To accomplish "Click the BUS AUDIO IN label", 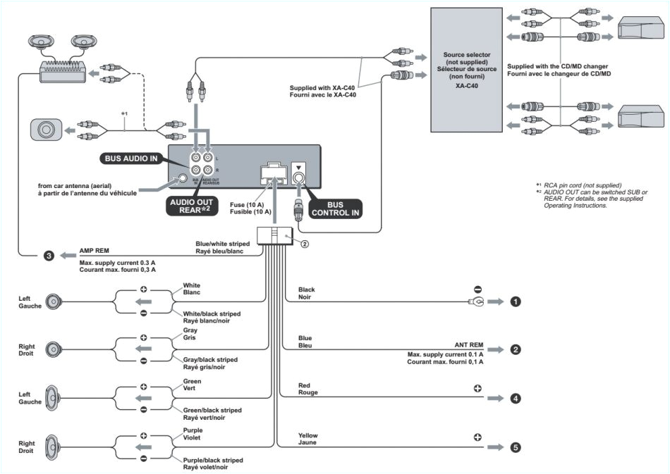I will [131, 158].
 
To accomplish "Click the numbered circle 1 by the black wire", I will [516, 301].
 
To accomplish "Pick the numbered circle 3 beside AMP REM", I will [48, 255].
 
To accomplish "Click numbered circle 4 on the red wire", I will [516, 398].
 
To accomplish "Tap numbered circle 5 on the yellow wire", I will [516, 447].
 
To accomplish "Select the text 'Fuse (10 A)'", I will [246, 204].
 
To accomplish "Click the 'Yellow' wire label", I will [308, 436].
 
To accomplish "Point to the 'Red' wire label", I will [305, 386].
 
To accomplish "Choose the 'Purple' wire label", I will [193, 430].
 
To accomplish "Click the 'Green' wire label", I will [192, 381].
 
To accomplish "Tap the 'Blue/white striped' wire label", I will [222, 244].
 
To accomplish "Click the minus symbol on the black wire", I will [477, 289].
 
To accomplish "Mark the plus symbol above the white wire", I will [143, 289].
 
